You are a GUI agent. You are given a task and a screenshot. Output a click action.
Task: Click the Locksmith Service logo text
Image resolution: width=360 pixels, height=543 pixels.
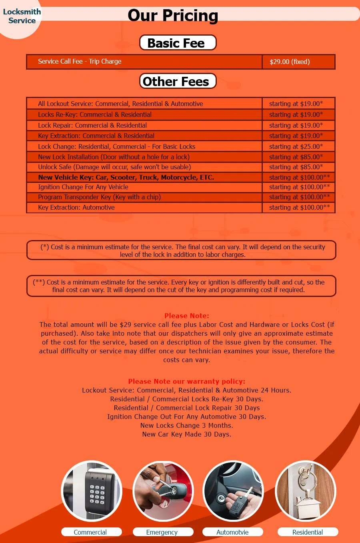click(22, 16)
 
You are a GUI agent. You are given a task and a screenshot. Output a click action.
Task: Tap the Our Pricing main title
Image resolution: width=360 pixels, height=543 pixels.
click(173, 16)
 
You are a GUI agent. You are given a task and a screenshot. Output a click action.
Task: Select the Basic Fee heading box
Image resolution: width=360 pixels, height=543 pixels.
click(178, 43)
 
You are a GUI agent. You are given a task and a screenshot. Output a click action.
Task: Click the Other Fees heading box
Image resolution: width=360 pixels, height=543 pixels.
click(178, 81)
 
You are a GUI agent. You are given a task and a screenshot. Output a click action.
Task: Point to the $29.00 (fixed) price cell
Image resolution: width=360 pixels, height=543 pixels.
click(290, 62)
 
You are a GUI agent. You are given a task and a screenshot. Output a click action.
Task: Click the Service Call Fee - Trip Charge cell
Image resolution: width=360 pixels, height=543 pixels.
click(80, 61)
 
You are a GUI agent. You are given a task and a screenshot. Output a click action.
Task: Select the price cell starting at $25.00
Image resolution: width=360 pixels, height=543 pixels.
click(296, 146)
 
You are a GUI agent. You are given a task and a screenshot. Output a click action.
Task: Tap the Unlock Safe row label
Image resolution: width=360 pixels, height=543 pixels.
click(114, 167)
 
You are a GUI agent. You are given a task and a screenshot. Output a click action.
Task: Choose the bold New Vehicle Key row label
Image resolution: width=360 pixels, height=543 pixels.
click(126, 177)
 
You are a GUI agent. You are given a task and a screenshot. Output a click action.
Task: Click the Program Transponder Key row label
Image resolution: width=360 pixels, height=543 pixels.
click(99, 197)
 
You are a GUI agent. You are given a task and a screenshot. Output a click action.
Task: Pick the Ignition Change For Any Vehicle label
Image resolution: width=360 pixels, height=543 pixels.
click(83, 187)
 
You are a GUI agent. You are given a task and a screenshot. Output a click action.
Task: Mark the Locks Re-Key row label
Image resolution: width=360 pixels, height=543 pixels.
click(94, 114)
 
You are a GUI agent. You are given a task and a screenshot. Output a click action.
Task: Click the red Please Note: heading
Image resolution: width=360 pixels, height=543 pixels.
click(186, 316)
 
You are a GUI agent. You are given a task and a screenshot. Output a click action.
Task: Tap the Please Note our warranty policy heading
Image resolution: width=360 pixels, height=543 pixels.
click(186, 381)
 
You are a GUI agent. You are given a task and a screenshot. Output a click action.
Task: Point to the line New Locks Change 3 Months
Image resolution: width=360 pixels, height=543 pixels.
click(186, 425)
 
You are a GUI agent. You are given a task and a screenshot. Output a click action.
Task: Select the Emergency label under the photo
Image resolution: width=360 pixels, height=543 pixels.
click(162, 532)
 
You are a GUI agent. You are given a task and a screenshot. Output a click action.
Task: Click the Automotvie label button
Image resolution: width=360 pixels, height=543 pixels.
click(232, 532)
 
